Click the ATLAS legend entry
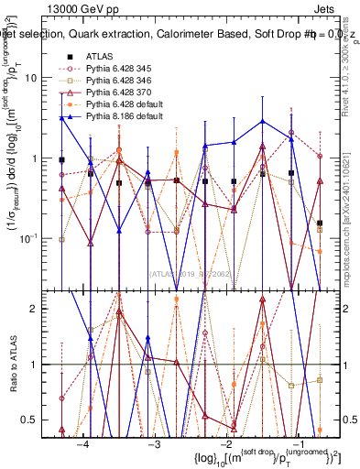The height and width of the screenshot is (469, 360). (102, 56)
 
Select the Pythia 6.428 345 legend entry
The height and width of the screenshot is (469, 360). (125, 69)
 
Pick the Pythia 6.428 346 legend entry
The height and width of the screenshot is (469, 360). (125, 82)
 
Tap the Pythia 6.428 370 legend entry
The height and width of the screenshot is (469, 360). (125, 93)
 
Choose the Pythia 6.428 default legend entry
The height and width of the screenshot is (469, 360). (128, 105)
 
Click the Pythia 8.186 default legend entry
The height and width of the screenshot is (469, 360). (128, 117)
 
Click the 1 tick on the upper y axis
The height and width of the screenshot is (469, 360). (44, 158)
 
